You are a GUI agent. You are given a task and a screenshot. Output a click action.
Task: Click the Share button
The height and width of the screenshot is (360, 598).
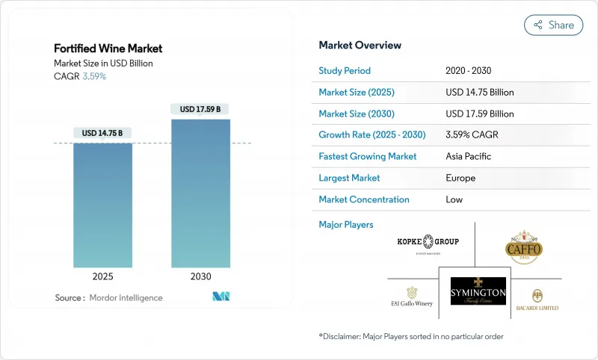tap(554, 25)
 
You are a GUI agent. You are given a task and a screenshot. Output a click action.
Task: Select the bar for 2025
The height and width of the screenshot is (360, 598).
tap(102, 205)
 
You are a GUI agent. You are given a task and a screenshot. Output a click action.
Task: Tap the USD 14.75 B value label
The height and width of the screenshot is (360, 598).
tap(102, 133)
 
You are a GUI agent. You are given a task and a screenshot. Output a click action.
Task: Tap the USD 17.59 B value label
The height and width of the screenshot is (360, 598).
tap(200, 109)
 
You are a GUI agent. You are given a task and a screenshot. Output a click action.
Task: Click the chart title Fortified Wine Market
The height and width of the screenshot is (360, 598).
tap(108, 49)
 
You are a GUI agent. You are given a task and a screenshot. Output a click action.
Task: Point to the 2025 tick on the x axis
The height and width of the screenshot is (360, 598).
tap(102, 276)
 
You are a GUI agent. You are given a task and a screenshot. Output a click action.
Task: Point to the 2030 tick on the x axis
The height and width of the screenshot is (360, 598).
tap(200, 276)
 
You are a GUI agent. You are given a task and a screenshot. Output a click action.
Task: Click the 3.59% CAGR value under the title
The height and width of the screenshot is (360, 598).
tap(93, 77)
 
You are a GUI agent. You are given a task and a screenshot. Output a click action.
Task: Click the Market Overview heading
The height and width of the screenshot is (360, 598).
tap(360, 45)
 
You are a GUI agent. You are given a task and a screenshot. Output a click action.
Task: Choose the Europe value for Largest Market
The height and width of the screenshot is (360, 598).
tap(460, 179)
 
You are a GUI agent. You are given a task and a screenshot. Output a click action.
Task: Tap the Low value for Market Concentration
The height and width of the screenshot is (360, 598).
tap(454, 199)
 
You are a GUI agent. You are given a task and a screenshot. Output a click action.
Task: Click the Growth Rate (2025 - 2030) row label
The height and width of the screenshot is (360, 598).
tap(372, 135)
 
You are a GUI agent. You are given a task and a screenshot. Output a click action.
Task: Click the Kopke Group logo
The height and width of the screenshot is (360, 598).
tap(428, 243)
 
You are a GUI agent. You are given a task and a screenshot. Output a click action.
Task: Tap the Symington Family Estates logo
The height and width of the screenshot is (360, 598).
tap(478, 294)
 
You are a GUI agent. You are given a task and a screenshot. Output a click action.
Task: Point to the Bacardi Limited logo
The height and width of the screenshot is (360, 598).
tap(537, 300)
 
